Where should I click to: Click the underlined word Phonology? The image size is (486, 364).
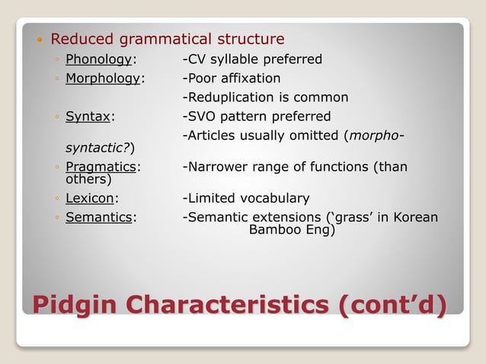click(x=99, y=59)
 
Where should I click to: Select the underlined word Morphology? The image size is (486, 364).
click(x=103, y=78)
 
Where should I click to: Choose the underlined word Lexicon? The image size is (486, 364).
click(x=90, y=198)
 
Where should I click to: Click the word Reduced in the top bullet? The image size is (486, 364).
click(x=82, y=39)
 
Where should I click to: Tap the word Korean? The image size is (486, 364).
click(x=414, y=217)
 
